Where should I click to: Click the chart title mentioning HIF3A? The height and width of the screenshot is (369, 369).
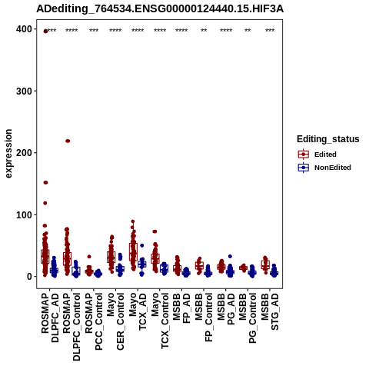(160, 9)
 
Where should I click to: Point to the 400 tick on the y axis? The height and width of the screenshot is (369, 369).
(25, 29)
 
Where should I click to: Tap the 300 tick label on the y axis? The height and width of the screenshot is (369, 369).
(25, 91)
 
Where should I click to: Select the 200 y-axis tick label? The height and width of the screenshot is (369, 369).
(25, 153)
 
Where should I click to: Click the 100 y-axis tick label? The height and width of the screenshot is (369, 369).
(25, 214)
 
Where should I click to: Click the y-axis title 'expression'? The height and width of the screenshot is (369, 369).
(8, 153)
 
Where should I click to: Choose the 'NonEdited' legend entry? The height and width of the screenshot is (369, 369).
(324, 168)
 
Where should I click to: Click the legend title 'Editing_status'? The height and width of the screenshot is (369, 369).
(328, 139)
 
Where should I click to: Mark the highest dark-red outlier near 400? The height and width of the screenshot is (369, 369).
(45, 32)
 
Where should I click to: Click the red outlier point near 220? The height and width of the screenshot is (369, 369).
(68, 141)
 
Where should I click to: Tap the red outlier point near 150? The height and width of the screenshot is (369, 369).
(45, 182)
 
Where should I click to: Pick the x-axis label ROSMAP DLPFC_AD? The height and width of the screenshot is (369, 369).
(50, 317)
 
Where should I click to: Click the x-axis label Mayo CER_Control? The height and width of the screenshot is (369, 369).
(115, 321)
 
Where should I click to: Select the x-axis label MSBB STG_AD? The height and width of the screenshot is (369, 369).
(270, 311)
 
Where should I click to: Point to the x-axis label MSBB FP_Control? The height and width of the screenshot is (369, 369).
(204, 317)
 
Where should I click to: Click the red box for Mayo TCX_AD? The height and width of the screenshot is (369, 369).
(133, 252)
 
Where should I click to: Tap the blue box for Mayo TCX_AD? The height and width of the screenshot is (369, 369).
(142, 264)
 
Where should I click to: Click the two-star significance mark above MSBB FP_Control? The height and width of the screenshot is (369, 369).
(204, 31)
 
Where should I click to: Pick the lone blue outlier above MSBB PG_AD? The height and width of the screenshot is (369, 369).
(230, 256)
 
